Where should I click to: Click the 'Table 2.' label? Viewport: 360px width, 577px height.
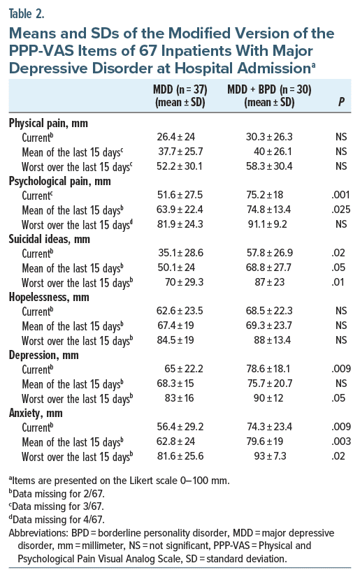coord(27,13)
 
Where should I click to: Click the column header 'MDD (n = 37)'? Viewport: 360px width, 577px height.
coord(180,89)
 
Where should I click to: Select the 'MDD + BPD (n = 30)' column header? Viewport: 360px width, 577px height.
coord(269,89)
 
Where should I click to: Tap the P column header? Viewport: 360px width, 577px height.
coord(342,102)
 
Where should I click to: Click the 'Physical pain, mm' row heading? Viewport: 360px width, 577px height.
coord(48,123)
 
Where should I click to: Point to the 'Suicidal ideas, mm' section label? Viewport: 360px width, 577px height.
coord(50,239)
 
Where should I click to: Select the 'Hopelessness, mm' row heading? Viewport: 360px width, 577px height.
coord(49,297)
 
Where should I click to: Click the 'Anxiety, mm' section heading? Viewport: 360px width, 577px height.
coord(36,414)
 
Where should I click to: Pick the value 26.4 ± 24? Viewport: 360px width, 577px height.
coord(176,137)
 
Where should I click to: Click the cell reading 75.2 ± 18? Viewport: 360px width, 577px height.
coord(265,195)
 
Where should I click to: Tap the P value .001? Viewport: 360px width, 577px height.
coord(340,195)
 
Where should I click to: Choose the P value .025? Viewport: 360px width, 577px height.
coord(340,210)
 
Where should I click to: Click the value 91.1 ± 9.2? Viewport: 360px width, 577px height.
coord(267,224)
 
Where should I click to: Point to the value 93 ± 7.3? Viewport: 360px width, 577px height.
coord(271,456)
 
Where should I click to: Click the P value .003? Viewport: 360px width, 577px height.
coord(341,441)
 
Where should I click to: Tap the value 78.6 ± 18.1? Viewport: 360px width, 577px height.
coord(268,369)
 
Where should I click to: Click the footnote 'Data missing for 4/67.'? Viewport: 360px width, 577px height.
coord(57,519)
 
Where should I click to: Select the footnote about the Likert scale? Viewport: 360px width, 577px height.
coord(120,481)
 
